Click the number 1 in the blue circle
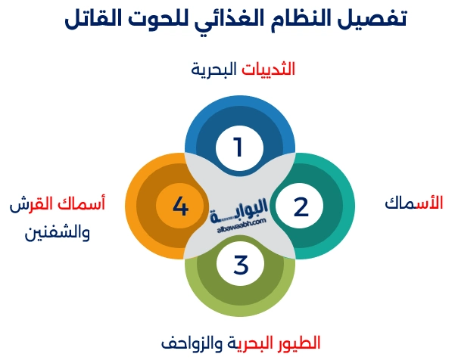pos(238,147)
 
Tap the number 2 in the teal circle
pos(301,206)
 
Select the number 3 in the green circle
pos(241,265)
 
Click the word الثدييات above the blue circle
pos(268,70)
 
